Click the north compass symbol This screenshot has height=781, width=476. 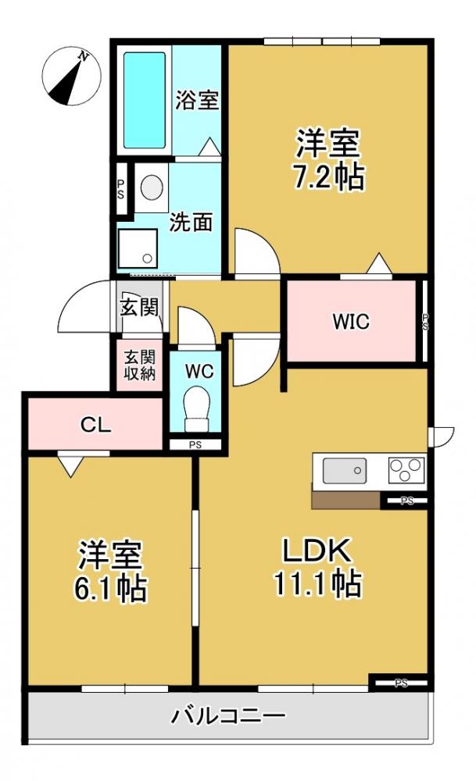tap(71, 75)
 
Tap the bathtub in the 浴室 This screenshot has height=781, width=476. tap(145, 100)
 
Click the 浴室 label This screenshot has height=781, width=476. tap(196, 101)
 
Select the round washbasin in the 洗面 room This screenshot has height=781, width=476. tap(151, 187)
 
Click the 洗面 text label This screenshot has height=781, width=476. tap(191, 223)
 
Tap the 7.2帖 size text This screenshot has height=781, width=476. tap(327, 178)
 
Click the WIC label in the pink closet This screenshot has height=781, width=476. tap(350, 321)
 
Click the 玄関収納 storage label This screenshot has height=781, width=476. tap(139, 365)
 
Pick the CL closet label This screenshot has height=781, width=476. tap(97, 425)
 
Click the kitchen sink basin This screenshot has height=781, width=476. tap(345, 471)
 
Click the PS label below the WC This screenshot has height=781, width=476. tap(195, 445)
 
